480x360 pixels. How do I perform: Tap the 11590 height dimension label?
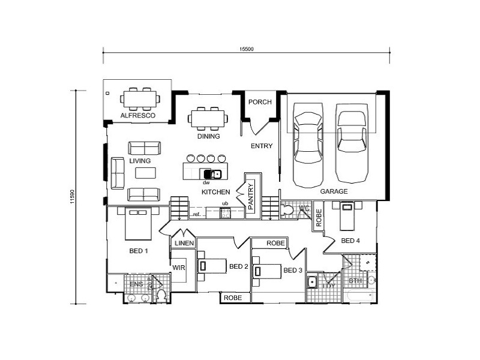tap(71, 197)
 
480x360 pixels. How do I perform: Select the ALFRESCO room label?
tap(137, 115)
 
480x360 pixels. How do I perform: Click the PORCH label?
tap(260, 102)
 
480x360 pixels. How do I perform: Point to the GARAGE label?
tap(334, 191)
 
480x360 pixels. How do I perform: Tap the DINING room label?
tap(208, 136)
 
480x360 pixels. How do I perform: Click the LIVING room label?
tap(139, 161)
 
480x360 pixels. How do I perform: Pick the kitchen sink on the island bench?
tap(217, 175)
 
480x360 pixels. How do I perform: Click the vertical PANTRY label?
tap(251, 196)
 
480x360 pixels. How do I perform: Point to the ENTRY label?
tap(262, 146)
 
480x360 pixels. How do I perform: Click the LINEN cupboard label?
tap(183, 243)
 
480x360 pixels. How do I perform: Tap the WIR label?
tap(178, 267)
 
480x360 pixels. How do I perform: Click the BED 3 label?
tap(293, 270)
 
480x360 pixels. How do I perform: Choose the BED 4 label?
tap(351, 241)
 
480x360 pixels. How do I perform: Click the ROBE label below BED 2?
tap(232, 298)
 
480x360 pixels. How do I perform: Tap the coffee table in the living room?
tap(145, 173)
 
